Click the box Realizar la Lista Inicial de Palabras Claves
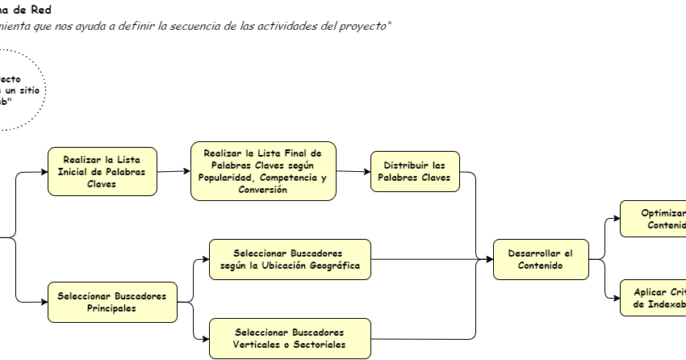(x=102, y=170)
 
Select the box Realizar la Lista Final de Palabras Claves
(x=262, y=171)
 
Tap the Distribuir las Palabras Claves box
(x=415, y=170)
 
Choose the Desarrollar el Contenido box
(x=541, y=259)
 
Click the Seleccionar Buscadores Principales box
(x=111, y=302)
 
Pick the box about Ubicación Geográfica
(x=290, y=259)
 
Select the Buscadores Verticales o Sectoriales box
(x=290, y=338)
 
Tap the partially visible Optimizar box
(x=653, y=219)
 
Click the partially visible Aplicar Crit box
(x=653, y=297)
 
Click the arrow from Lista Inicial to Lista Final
(x=173, y=171)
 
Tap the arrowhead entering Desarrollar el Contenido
(x=489, y=259)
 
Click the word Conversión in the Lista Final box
(x=262, y=190)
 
